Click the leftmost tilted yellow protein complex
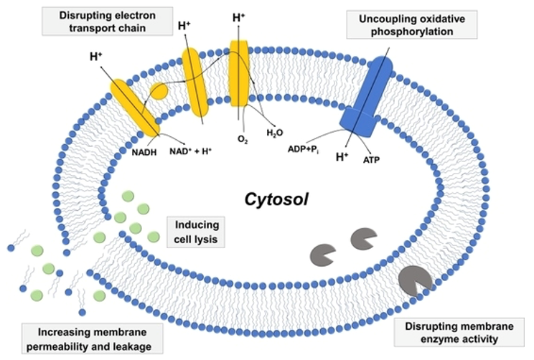[134, 106]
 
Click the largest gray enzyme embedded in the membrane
[415, 280]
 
